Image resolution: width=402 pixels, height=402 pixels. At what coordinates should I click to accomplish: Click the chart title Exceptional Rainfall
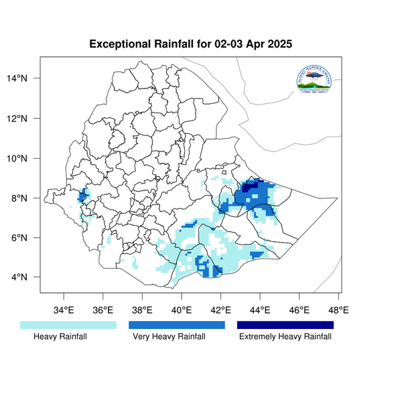[191, 45]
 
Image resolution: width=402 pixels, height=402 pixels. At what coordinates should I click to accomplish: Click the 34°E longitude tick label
[64, 310]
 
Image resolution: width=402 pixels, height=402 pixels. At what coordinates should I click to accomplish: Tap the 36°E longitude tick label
[103, 310]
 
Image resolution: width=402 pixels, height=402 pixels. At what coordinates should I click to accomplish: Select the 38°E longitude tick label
[142, 310]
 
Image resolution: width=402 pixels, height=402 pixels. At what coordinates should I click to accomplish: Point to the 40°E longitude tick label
[182, 310]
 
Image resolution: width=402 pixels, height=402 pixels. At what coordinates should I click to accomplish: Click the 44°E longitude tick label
[260, 310]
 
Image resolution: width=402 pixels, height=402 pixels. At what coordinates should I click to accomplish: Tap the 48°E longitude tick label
[338, 310]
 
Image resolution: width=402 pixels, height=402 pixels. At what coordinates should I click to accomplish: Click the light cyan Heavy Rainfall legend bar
[68, 325]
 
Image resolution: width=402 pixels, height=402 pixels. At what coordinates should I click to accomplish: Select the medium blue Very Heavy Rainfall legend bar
[177, 325]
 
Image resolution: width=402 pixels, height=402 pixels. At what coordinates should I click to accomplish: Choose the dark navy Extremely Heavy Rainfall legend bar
[285, 325]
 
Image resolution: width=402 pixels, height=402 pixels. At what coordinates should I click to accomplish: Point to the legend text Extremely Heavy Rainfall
[285, 337]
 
